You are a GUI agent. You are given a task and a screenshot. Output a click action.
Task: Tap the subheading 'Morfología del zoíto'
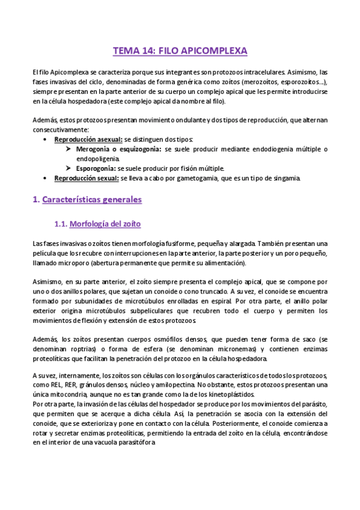[105, 224]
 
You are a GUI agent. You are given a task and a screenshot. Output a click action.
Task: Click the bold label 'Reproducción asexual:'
[88, 139]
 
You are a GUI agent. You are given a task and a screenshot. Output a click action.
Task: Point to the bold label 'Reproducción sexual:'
[87, 179]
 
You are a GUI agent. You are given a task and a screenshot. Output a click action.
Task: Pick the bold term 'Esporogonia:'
[97, 168]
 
